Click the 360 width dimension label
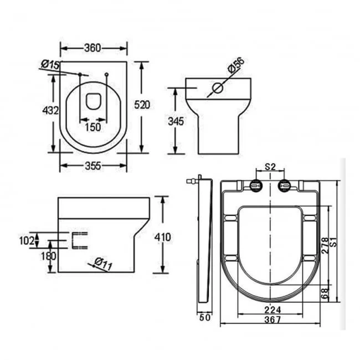point(93,48)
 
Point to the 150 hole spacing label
point(92,127)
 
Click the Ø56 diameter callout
point(235,68)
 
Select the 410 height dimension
point(163,237)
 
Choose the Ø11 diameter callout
point(103,265)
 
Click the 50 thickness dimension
point(204,318)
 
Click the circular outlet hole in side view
point(217,88)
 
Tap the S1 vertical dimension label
point(333,241)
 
